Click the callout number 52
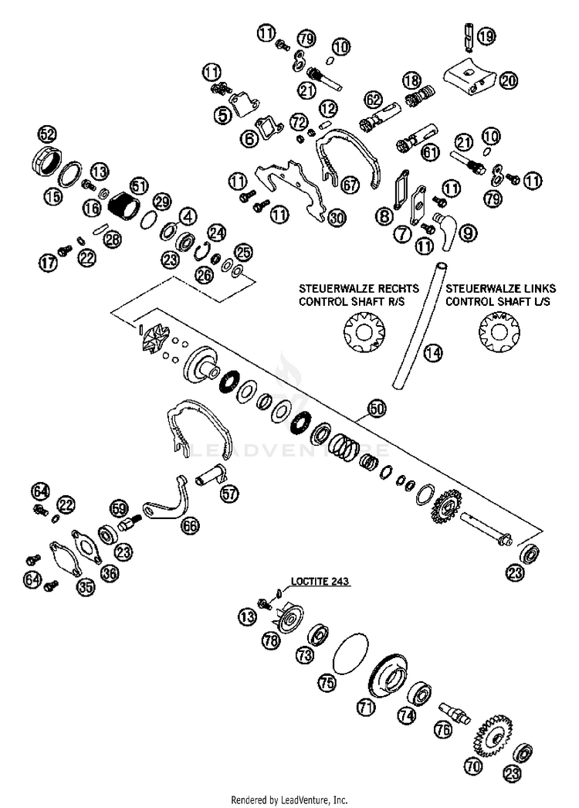tap(47, 134)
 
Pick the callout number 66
tap(190, 526)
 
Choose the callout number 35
tap(84, 587)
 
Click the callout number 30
tap(334, 219)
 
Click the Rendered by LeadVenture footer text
tap(289, 800)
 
